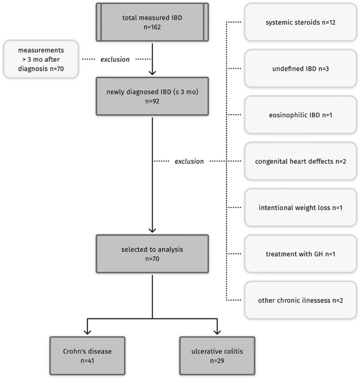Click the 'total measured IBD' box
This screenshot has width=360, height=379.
pyautogui.click(x=152, y=22)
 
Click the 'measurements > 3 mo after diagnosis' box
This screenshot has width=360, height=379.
pyautogui.click(x=40, y=59)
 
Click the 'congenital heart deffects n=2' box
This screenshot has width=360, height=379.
pyautogui.click(x=299, y=161)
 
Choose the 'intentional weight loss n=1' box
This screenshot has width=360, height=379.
pyautogui.click(x=299, y=208)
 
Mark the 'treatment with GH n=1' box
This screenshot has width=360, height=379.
pyautogui.click(x=299, y=254)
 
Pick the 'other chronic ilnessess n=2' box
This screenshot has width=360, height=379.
pyautogui.click(x=299, y=300)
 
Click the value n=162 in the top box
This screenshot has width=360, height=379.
pyautogui.click(x=153, y=28)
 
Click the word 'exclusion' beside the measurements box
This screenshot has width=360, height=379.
pyautogui.click(x=115, y=59)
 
